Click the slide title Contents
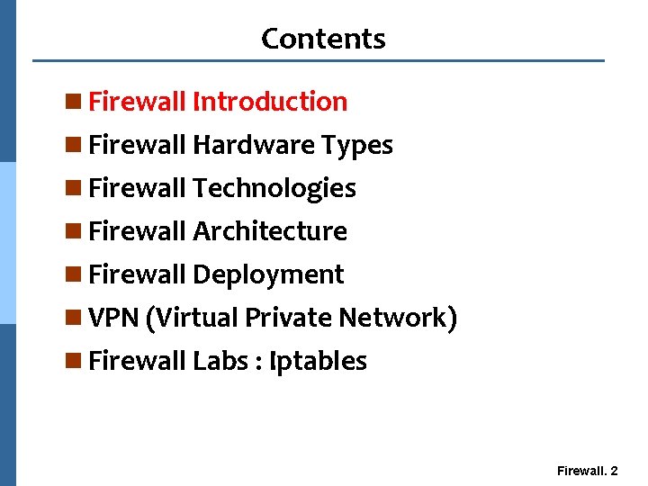(323, 39)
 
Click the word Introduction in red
(270, 102)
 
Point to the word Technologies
(274, 188)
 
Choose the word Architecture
(270, 231)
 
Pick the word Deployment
(268, 274)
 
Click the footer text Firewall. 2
(587, 471)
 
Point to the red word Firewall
(138, 102)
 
